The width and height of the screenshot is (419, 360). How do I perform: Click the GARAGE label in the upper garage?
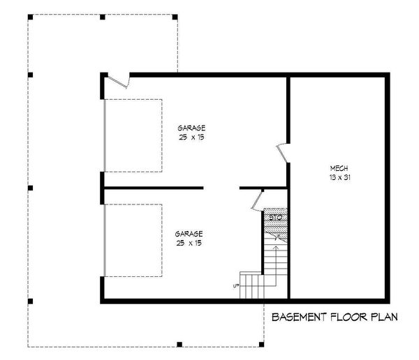191,128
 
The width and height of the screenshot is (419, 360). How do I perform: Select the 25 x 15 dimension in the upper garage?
191,137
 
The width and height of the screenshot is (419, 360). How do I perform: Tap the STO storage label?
274,218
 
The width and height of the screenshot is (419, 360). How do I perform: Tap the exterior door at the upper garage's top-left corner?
119,82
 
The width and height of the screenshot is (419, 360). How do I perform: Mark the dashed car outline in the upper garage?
133,135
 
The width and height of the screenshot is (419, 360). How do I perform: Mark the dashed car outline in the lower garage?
133,240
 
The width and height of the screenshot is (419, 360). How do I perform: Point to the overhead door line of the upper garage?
104,135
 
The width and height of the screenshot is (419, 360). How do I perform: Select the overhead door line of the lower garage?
104,240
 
